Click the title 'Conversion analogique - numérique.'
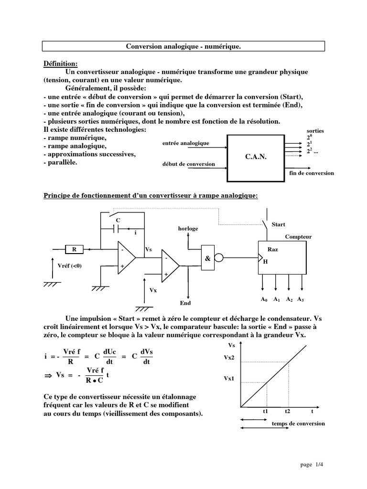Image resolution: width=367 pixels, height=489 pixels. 183,46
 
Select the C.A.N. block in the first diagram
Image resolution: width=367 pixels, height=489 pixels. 259,157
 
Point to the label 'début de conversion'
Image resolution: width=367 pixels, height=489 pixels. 189,164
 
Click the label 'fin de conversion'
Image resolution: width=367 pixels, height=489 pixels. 312,173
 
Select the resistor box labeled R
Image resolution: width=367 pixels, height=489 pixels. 74,249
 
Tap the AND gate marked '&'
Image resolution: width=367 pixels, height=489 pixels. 207,258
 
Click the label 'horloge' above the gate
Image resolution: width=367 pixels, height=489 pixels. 188,229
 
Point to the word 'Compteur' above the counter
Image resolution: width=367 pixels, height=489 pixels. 298,237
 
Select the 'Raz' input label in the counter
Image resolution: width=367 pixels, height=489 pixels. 272,249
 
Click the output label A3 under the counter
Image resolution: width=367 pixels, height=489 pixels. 301,299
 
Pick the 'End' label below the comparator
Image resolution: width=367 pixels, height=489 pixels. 185,303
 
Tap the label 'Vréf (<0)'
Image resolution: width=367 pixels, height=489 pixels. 69,266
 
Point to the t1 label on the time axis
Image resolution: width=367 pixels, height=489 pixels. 266,411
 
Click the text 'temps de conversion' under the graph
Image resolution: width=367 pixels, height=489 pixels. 298,424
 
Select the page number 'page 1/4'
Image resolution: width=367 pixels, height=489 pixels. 312,464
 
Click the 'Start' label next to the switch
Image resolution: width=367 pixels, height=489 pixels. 278,224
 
